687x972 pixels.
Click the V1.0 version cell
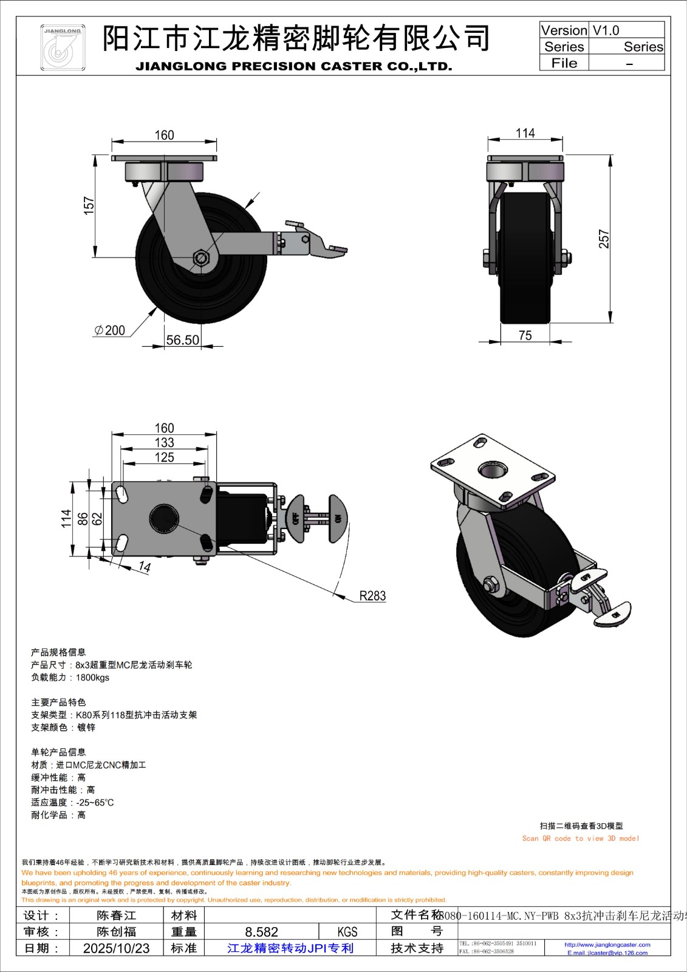606,30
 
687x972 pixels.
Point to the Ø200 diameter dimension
110,330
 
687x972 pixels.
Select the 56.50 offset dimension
183,340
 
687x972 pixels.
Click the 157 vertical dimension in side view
89,205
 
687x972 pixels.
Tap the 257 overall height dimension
603,239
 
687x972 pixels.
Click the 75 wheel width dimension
525,335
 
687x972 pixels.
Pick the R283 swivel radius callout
372,596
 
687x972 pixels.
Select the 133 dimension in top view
164,443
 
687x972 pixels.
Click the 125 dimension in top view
164,457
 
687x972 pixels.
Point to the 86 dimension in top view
83,519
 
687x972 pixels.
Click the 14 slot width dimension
144,567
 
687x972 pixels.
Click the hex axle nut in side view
201,258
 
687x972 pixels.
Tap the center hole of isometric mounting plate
493,469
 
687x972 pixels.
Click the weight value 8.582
261,932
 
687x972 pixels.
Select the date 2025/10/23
116,948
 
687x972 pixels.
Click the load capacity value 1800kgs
92,677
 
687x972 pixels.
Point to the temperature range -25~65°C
95,803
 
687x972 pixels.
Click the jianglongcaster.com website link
607,945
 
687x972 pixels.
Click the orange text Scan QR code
580,838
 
